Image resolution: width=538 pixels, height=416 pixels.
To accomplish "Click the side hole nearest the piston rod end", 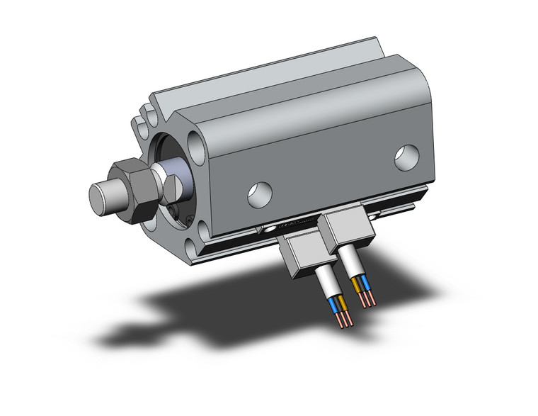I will coord(261,192).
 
